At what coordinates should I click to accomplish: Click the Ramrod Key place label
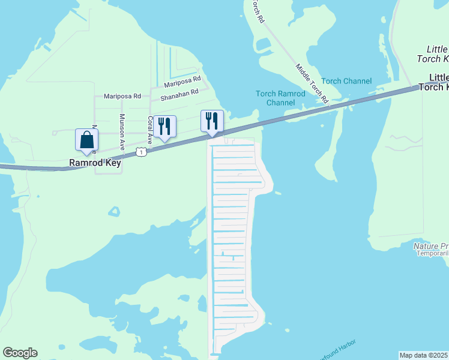[x=95, y=163]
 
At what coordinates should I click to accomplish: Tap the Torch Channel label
[x=346, y=81]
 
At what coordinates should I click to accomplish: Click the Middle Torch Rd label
[x=312, y=83]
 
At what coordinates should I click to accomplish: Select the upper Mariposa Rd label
[x=182, y=80]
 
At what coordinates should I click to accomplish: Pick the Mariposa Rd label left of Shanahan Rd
[x=122, y=96]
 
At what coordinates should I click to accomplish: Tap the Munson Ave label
[x=122, y=131]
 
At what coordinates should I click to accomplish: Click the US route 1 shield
[x=140, y=153]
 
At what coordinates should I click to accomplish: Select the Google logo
[x=20, y=353]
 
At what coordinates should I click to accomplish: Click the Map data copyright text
[x=424, y=355]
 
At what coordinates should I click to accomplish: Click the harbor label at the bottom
[x=336, y=347]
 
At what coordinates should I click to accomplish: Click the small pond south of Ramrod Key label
[x=114, y=211]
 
